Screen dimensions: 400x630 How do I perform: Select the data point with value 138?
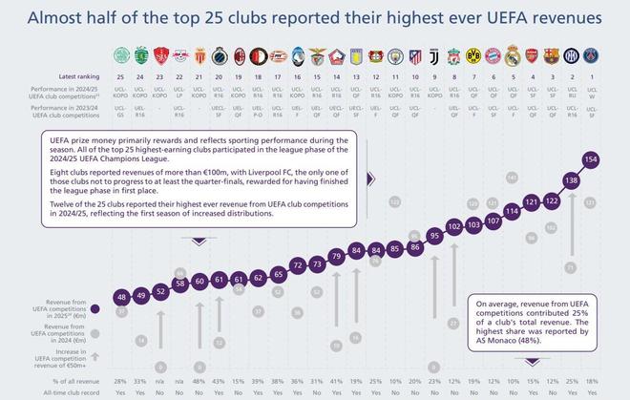(572, 179)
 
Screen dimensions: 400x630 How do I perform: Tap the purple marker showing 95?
(433, 234)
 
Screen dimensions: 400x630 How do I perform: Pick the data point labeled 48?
(120, 297)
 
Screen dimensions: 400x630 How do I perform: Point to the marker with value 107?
(493, 220)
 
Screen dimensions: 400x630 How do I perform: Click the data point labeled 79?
(335, 255)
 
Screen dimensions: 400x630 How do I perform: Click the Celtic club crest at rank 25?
(121, 53)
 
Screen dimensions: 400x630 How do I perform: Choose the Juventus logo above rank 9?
(433, 53)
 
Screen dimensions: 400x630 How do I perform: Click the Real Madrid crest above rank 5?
(512, 53)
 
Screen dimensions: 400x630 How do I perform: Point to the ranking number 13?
(355, 74)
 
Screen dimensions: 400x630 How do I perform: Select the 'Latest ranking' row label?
(80, 74)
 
